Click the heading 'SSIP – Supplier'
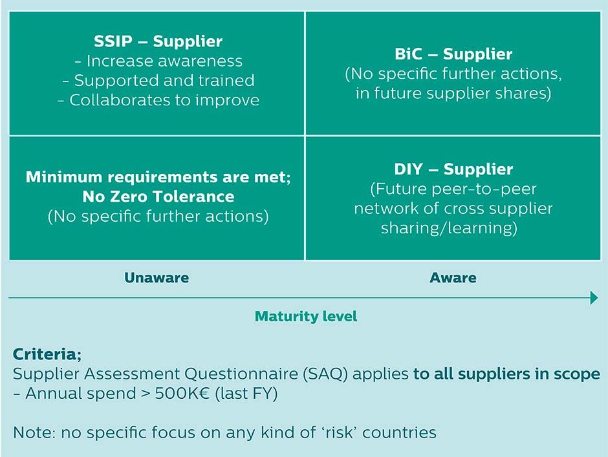(158, 42)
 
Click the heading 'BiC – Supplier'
(453, 54)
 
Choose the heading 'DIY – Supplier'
(453, 170)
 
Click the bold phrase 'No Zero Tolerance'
(158, 196)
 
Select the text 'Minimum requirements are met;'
(158, 177)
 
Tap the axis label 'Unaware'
(157, 278)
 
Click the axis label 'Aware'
(453, 278)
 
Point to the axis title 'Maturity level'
(306, 317)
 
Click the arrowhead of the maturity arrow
(594, 298)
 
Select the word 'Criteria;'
(47, 355)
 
